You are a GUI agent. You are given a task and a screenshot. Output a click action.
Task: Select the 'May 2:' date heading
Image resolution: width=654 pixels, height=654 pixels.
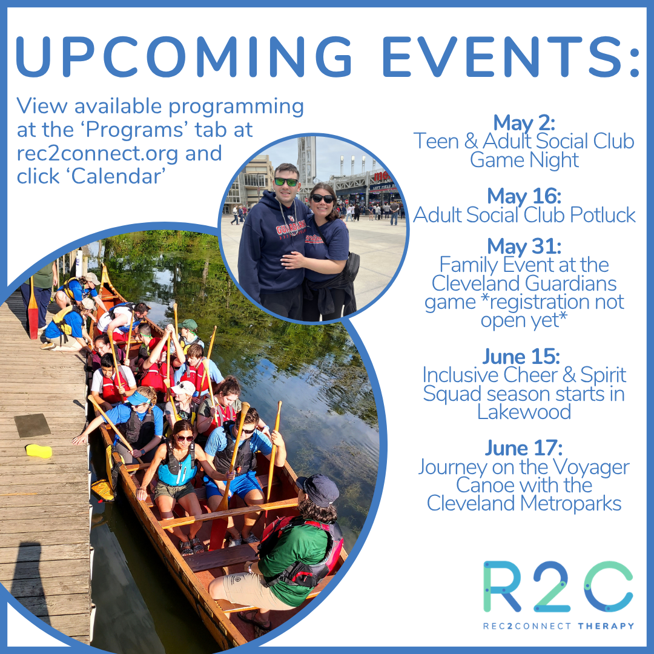(x=524, y=123)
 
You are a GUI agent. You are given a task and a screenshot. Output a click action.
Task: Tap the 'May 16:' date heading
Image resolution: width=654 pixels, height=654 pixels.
(x=524, y=196)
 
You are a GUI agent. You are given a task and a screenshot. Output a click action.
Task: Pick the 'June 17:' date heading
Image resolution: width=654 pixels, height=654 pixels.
(x=524, y=449)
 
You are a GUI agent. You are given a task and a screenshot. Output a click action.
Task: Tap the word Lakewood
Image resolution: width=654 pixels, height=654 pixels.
(x=524, y=412)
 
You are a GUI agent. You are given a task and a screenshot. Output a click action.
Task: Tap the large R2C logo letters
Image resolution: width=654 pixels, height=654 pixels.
(x=557, y=587)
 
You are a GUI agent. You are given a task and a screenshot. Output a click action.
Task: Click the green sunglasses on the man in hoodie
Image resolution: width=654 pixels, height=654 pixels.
(x=286, y=182)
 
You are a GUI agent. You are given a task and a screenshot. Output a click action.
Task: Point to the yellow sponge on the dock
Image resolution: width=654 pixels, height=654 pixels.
(x=38, y=451)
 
